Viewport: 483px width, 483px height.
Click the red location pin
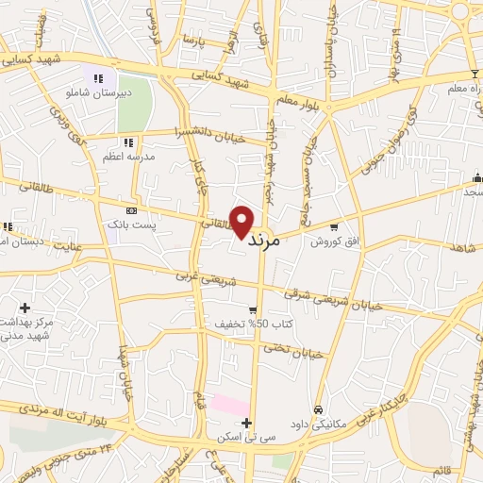pos(242,220)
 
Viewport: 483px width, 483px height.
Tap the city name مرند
pos(263,241)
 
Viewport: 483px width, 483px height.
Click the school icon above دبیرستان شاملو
pos(98,77)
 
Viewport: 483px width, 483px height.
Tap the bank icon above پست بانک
pos(130,210)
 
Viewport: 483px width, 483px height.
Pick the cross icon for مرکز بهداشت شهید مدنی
pos(24,308)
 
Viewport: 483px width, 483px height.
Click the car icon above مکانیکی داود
pos(319,410)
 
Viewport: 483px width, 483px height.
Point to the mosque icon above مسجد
pos(476,176)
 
